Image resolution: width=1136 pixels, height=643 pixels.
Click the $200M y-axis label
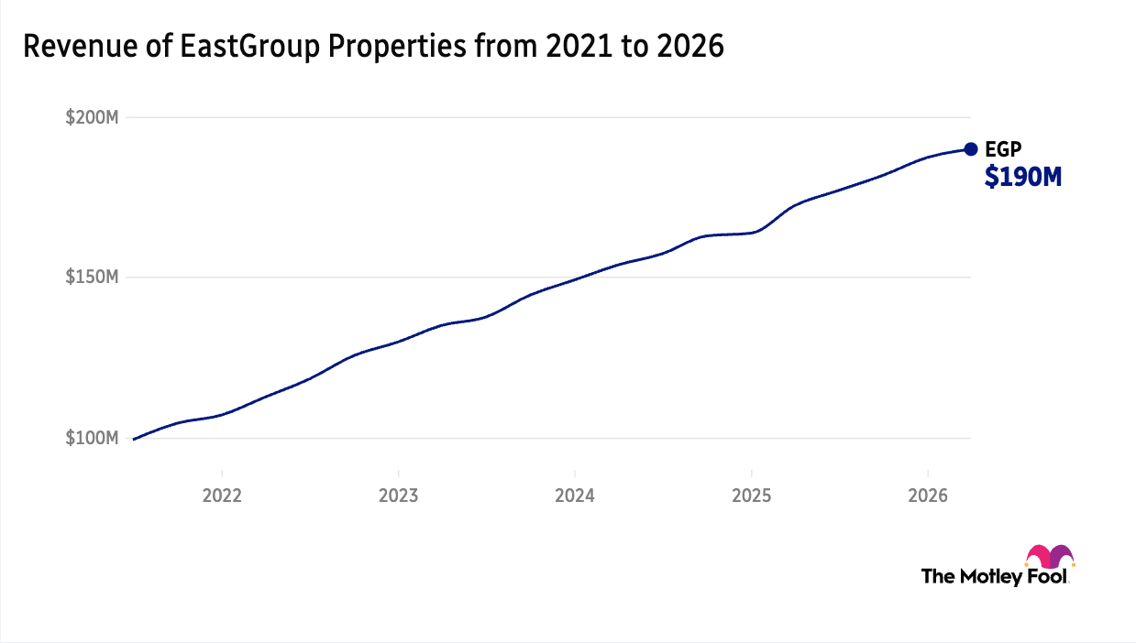pyautogui.click(x=92, y=117)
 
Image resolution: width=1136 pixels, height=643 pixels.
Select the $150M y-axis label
pyautogui.click(x=92, y=278)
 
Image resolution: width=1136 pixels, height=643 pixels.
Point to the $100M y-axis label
pyautogui.click(x=92, y=438)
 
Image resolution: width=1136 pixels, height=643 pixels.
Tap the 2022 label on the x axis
pyautogui.click(x=222, y=496)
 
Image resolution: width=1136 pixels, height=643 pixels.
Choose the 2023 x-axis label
pyautogui.click(x=399, y=496)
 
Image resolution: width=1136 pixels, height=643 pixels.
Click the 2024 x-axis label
pyautogui.click(x=575, y=496)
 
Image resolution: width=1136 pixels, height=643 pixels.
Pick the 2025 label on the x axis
pyautogui.click(x=752, y=496)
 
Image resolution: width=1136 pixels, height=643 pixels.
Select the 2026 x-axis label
pyautogui.click(x=928, y=496)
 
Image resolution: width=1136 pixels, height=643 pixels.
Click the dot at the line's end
pyautogui.click(x=971, y=149)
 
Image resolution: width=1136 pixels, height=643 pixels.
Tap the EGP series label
pyautogui.click(x=1003, y=149)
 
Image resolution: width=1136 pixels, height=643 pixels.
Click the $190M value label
pyautogui.click(x=1023, y=178)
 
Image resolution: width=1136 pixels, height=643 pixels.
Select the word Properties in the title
pyautogui.click(x=397, y=47)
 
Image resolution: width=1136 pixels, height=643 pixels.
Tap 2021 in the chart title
pyautogui.click(x=579, y=46)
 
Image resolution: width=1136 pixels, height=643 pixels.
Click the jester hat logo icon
pyautogui.click(x=1049, y=557)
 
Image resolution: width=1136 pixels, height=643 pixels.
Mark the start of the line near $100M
pyautogui.click(x=133, y=440)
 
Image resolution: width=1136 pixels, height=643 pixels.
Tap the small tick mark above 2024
pyautogui.click(x=575, y=474)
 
